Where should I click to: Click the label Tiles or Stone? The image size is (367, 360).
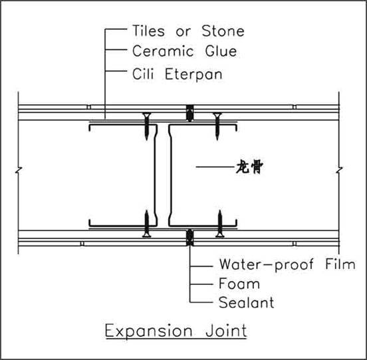click(x=188, y=31)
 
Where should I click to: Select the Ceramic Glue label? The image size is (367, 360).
click(x=185, y=51)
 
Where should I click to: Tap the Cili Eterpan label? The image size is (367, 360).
click(x=178, y=74)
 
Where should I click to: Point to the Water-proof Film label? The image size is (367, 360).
click(x=287, y=265)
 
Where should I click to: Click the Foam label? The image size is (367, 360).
click(x=239, y=284)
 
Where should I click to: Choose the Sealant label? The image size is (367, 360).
click(x=246, y=302)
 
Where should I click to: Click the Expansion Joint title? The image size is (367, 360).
click(x=176, y=331)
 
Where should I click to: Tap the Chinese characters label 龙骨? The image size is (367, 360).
click(x=249, y=167)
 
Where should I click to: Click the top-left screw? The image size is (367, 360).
click(x=146, y=126)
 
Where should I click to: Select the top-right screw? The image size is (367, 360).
click(x=217, y=126)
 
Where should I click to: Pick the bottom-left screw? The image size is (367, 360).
click(x=147, y=224)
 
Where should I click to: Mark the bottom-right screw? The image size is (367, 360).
click(x=220, y=224)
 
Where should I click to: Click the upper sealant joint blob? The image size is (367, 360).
click(x=190, y=113)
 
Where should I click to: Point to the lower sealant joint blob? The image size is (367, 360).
click(x=190, y=237)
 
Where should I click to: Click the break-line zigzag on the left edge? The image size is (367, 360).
click(x=19, y=171)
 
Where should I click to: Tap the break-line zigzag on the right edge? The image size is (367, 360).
click(x=339, y=171)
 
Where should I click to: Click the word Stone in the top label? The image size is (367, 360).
click(x=223, y=31)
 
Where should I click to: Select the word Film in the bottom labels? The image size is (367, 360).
click(x=340, y=264)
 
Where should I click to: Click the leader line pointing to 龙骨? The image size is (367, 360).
click(x=215, y=167)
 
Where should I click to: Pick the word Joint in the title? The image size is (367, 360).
click(x=226, y=331)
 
